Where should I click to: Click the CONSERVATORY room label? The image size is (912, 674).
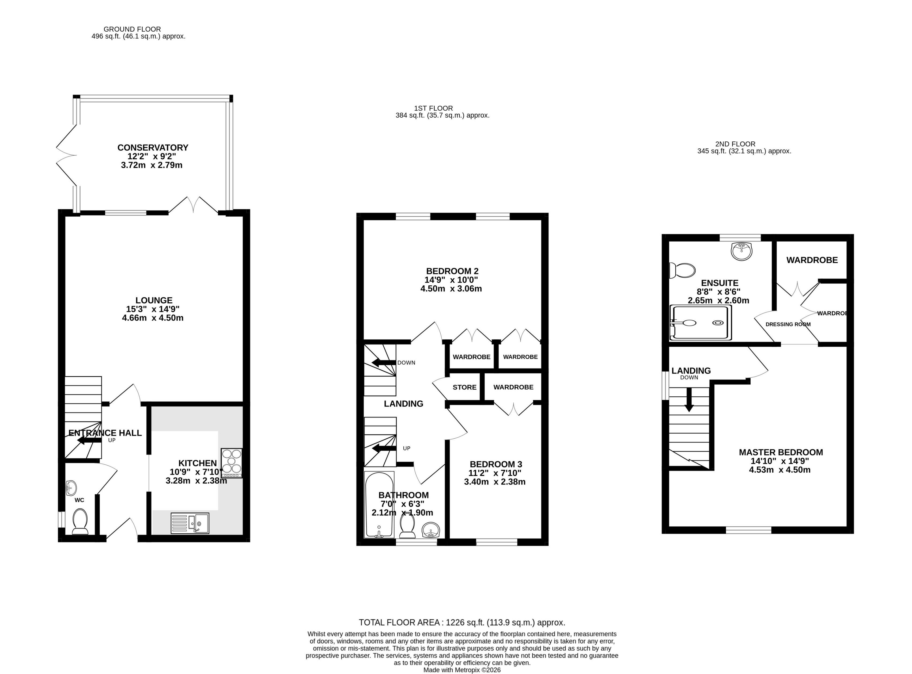[153, 148]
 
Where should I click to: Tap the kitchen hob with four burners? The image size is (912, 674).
[232, 463]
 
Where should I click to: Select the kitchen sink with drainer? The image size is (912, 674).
[190, 523]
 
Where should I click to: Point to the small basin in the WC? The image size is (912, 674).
[71, 487]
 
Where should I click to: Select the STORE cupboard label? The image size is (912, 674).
[465, 387]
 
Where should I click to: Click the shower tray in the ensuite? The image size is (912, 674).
[701, 322]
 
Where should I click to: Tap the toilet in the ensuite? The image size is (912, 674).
[683, 270]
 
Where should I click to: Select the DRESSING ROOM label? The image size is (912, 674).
[788, 324]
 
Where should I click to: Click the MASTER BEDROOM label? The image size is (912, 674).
[781, 452]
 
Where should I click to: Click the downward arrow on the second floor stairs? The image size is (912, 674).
[689, 400]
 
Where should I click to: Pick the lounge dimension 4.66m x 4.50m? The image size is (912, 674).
[153, 318]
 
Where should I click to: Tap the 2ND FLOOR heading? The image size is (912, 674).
[735, 144]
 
